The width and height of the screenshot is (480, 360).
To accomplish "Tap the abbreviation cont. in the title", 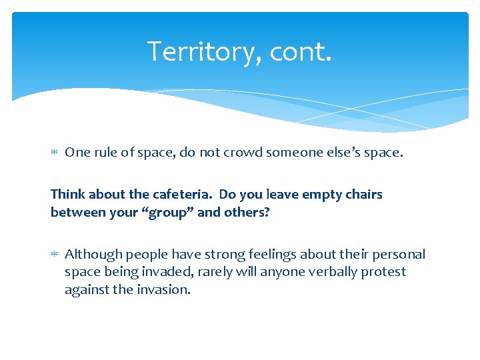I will pyautogui.click(x=300, y=51).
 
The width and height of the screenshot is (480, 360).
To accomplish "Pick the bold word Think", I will pyautogui.click(x=67, y=195).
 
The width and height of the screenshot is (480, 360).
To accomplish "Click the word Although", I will pyautogui.click(x=93, y=254).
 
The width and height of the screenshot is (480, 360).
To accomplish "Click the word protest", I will pyautogui.click(x=383, y=272).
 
